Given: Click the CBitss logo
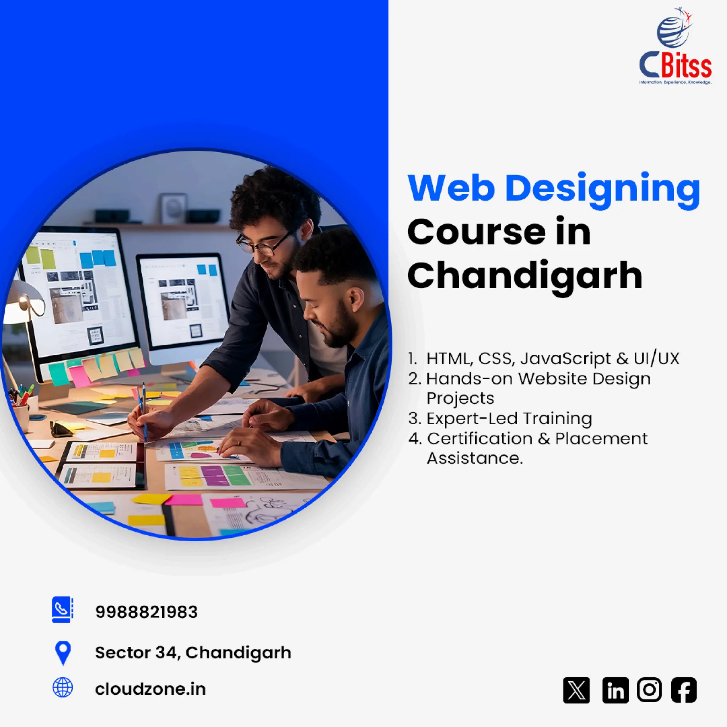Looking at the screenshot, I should tap(675, 47).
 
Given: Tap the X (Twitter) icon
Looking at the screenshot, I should tap(576, 690).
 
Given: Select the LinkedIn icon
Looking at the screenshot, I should tap(615, 690).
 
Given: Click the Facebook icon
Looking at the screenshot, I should tap(684, 690).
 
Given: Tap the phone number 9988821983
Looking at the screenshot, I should tap(146, 612).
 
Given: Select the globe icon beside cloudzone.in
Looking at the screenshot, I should tap(63, 688).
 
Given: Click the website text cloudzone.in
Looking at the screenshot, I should tap(150, 689).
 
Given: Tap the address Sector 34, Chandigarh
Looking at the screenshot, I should tap(193, 653).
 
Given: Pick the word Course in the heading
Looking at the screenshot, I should tap(476, 233).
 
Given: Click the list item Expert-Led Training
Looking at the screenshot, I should tap(509, 419).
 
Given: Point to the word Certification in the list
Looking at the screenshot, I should tap(479, 438).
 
